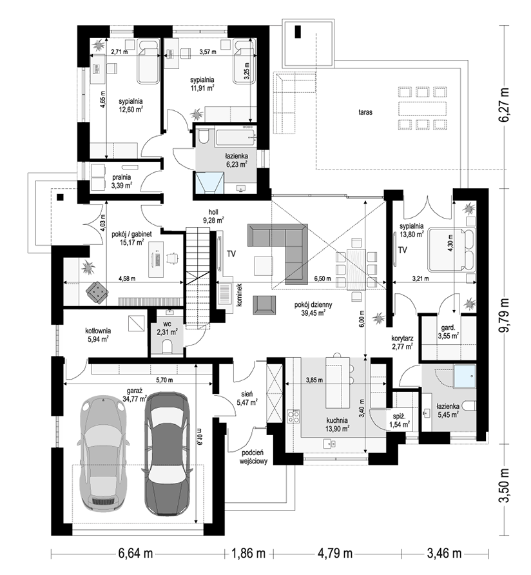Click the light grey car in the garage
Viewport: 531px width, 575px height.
pos(103,453)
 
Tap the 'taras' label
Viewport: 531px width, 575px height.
pos(365,112)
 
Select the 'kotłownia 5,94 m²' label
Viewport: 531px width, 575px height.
pos(98,335)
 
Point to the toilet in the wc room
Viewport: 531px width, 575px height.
pos(167,346)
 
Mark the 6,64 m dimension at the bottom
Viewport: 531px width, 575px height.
pos(135,553)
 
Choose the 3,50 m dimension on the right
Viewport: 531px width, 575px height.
pos(505,487)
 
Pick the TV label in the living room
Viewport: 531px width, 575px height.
pos(231,254)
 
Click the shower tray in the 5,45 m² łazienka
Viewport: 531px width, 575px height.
pos(464,376)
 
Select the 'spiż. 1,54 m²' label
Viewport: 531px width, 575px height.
pos(400,421)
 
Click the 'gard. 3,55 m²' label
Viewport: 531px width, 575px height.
pos(448,331)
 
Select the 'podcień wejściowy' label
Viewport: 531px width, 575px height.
pos(253,457)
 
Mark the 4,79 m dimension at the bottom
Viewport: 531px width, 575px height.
pos(334,553)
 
